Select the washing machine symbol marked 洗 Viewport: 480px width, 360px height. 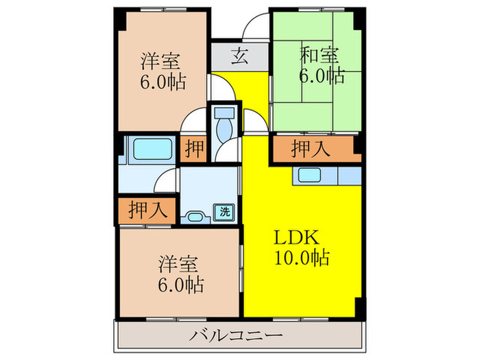[224, 212]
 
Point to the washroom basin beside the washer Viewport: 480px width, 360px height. [195, 217]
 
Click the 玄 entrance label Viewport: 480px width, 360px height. [239, 57]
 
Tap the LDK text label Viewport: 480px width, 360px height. [296, 237]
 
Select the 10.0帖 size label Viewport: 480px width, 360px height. [302, 257]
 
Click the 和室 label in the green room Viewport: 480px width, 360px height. [320, 56]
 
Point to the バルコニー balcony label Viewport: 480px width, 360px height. [235, 335]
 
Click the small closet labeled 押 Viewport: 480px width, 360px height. [194, 149]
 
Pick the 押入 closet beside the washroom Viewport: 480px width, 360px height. [147, 211]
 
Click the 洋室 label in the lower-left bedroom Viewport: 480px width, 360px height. [178, 264]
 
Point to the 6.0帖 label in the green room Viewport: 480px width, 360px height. [322, 75]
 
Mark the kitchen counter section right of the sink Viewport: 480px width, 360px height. [350, 176]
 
